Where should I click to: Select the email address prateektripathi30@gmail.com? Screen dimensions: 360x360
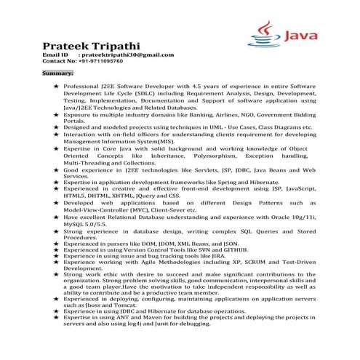(x=128, y=55)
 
